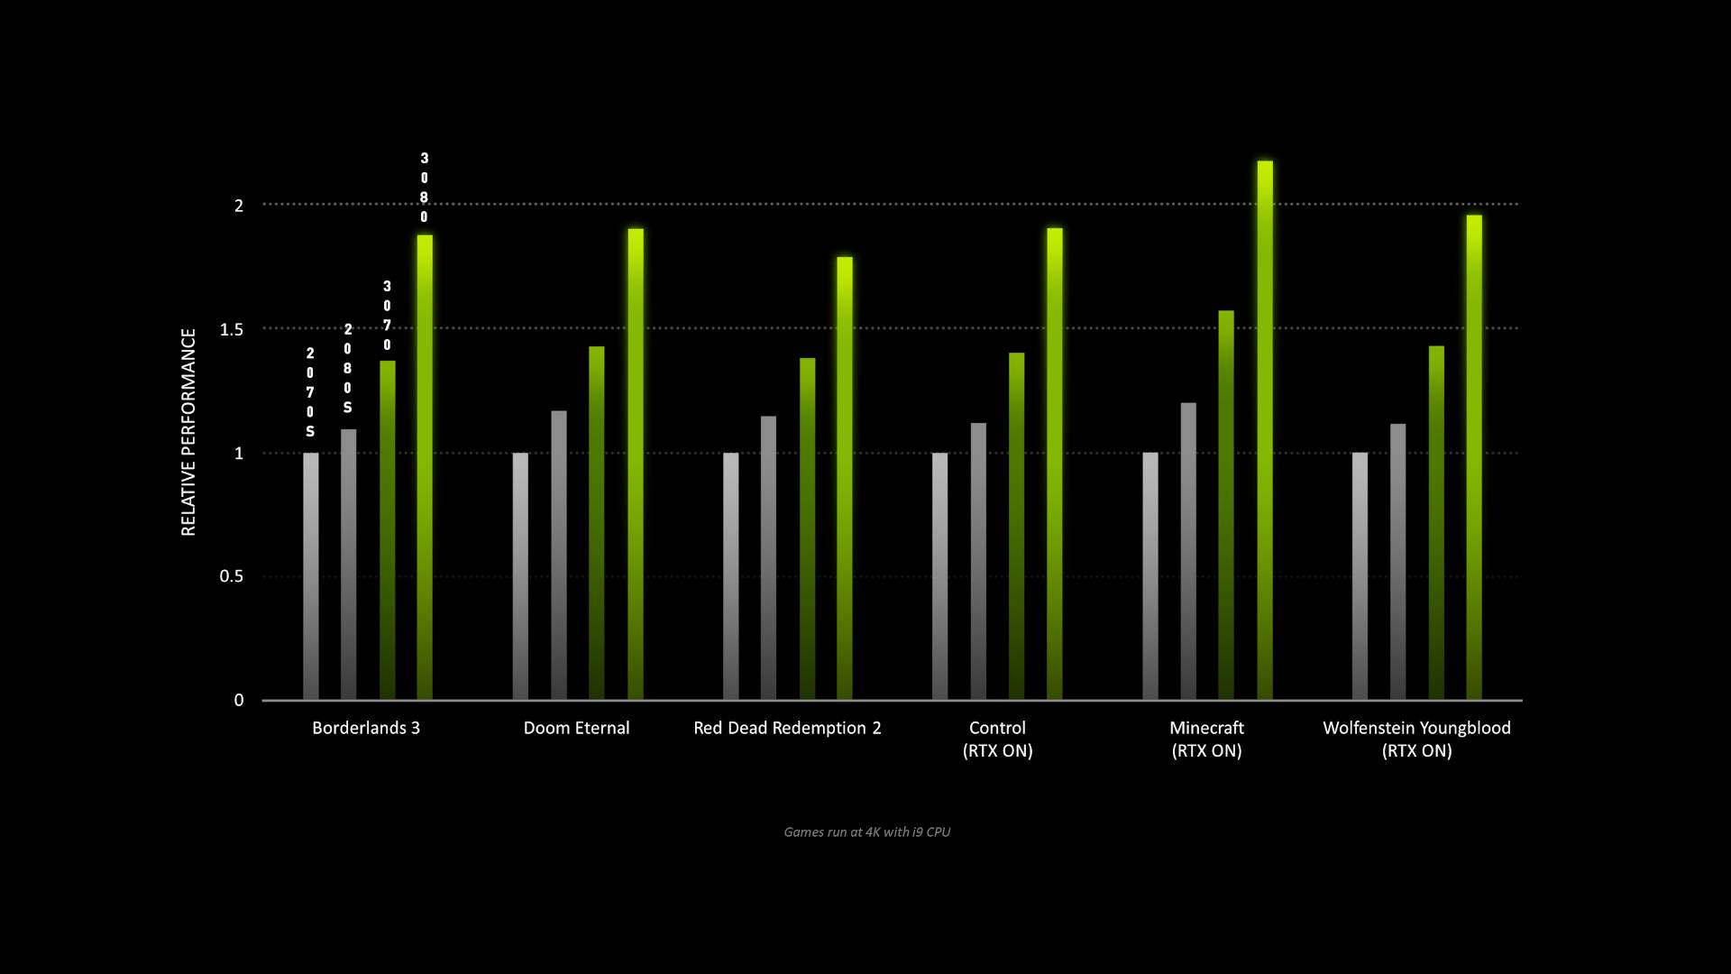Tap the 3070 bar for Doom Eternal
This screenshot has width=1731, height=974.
pos(597,523)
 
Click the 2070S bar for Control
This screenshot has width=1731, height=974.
pos(939,576)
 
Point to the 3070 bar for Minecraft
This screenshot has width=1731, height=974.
pos(1226,505)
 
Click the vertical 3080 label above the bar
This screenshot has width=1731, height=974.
pos(425,188)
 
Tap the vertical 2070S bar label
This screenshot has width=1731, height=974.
pos(310,392)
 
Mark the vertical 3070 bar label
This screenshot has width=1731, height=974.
pos(387,316)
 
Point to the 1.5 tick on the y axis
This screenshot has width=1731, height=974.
pos(232,329)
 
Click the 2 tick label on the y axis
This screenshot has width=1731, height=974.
pos(239,206)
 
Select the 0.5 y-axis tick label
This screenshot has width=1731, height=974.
pos(232,576)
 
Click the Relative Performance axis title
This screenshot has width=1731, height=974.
pos(188,432)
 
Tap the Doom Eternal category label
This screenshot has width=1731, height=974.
pos(576,728)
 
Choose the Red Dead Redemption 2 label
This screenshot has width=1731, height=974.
pos(787,728)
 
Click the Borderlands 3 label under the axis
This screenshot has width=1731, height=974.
pos(366,728)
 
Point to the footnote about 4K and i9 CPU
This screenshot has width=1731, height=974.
pos(866,832)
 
